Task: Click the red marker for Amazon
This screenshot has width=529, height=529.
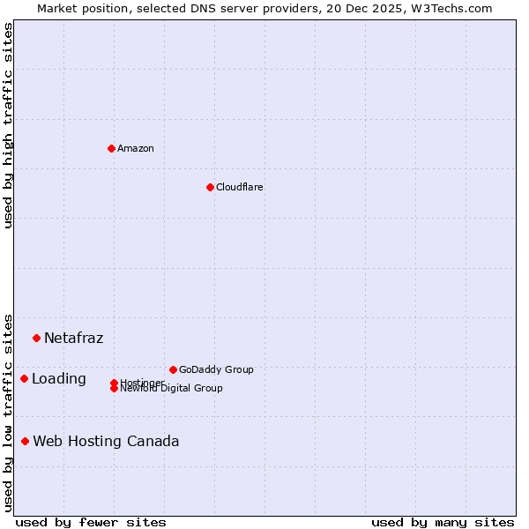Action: (111, 148)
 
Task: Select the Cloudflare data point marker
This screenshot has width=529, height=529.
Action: (210, 187)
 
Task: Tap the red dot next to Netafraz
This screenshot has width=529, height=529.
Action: (36, 338)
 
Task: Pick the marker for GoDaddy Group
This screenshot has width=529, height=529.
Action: (173, 369)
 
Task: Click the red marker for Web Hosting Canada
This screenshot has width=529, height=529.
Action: (26, 441)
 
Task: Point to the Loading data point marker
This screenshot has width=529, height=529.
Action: (24, 378)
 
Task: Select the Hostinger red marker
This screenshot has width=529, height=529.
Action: (114, 383)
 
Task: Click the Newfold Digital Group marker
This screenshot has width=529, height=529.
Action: (114, 389)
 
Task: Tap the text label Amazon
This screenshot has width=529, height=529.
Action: (136, 148)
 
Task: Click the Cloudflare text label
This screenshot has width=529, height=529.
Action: (240, 187)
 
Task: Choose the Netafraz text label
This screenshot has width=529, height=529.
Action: (74, 338)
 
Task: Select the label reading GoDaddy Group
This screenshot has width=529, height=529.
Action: (216, 369)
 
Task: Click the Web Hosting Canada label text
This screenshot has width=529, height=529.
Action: (106, 441)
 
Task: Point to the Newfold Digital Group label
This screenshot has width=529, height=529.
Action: (171, 389)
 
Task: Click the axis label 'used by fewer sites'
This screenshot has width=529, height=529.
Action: (91, 522)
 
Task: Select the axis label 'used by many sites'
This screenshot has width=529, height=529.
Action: (443, 522)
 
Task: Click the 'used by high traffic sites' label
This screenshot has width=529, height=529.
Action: (8, 125)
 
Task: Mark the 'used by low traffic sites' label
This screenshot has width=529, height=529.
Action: (8, 412)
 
